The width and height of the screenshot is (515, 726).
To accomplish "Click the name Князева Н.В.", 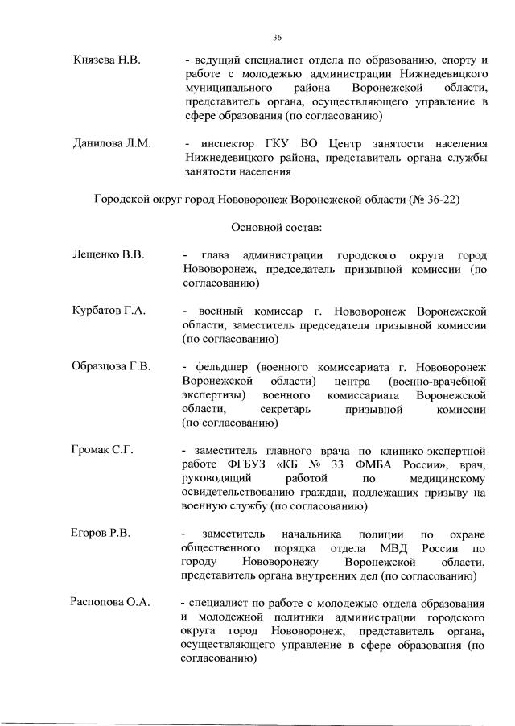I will point(106,60).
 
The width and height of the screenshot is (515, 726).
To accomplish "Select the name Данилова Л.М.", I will point(109,142).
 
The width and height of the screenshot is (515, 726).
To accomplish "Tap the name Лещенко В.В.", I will point(109,255).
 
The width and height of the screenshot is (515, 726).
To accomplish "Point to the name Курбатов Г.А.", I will point(109,311).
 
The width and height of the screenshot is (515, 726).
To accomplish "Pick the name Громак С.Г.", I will point(102,449).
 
